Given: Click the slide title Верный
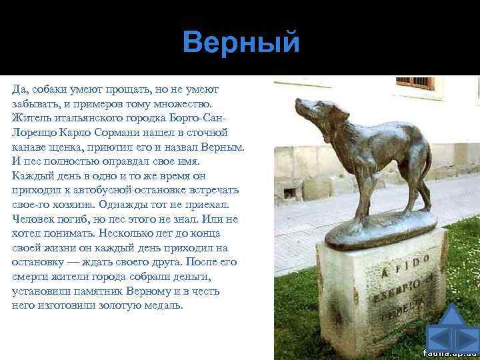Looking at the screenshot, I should [241, 43].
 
